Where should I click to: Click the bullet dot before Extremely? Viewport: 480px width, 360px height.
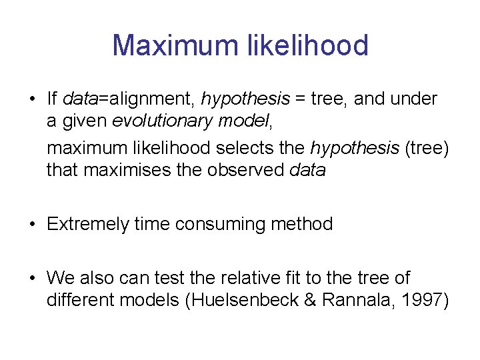(32, 225)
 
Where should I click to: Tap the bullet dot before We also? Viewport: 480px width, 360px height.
(32, 278)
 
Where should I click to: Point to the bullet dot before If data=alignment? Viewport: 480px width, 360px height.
(32, 99)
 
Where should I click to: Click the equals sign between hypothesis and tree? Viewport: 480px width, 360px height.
(301, 99)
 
